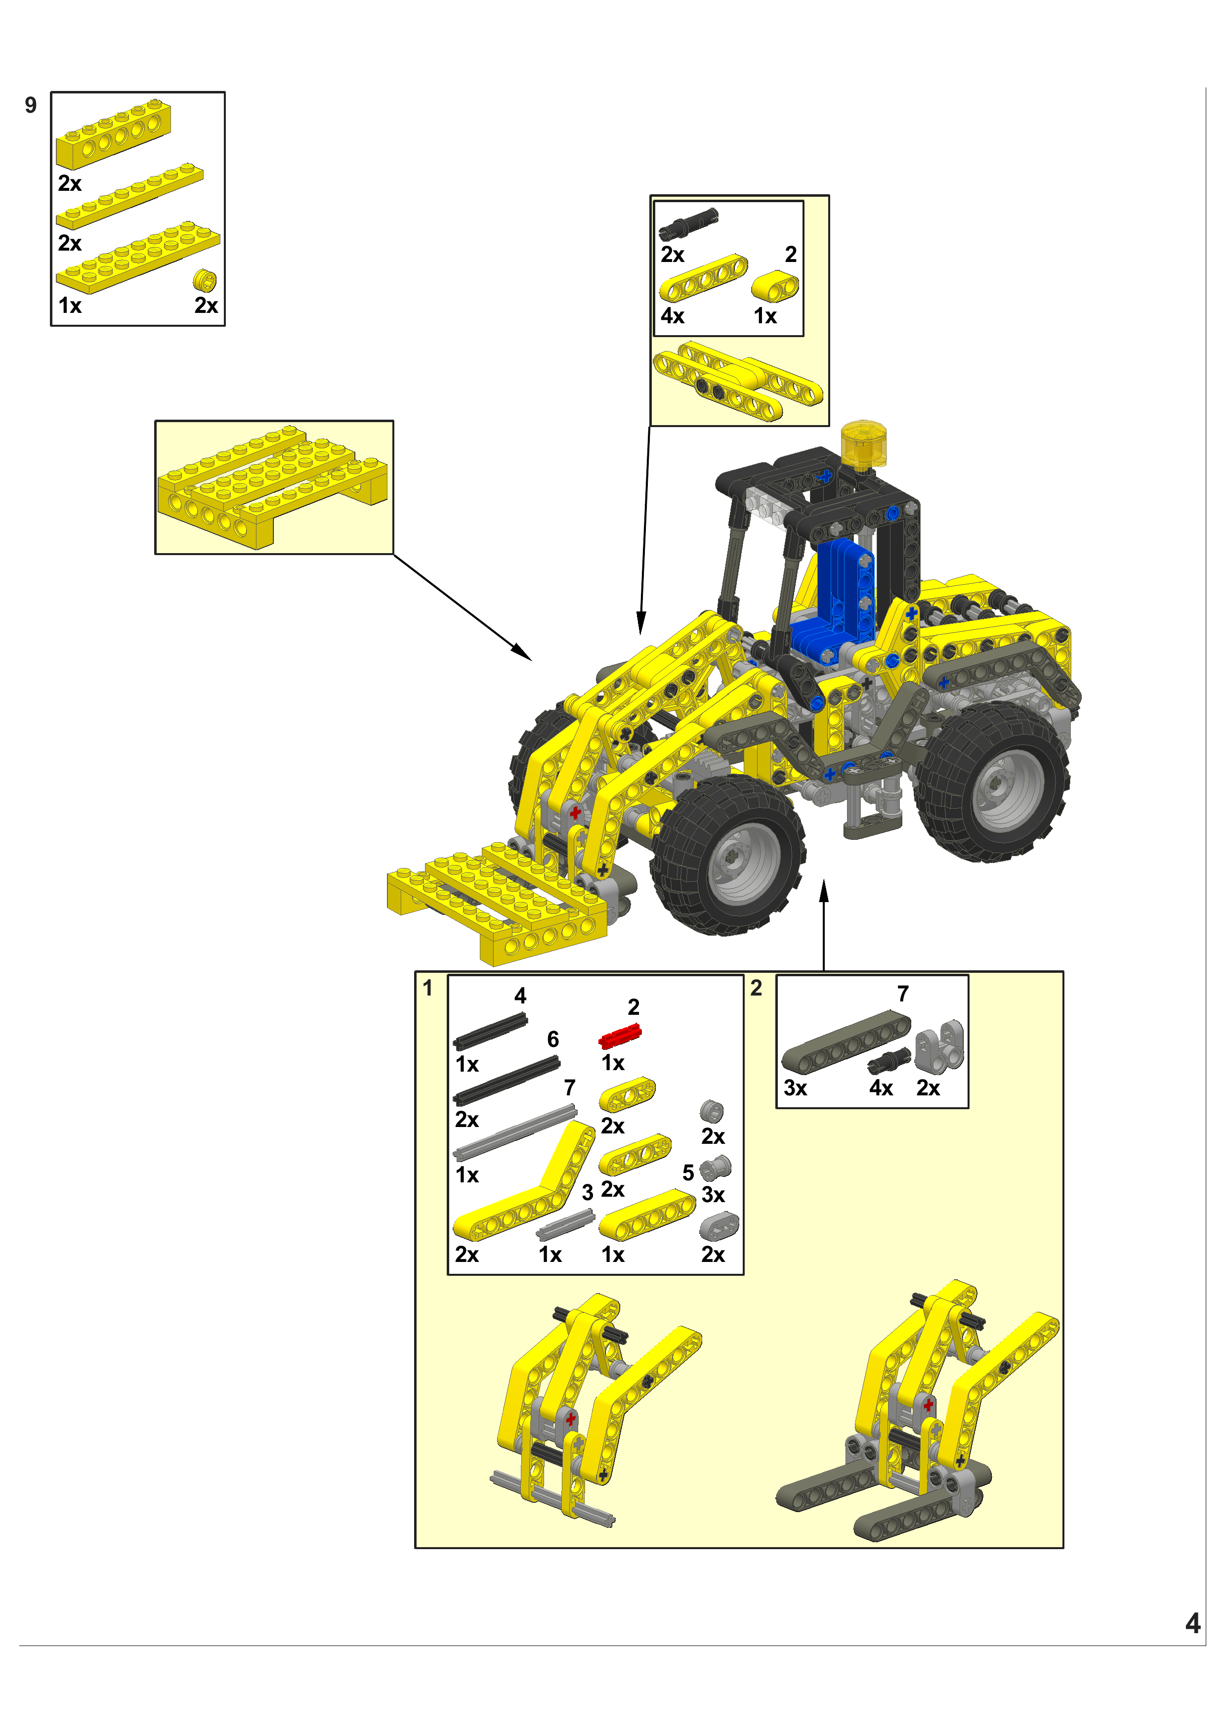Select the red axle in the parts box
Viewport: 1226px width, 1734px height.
click(x=620, y=1036)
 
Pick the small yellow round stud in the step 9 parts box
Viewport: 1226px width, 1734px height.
click(x=205, y=280)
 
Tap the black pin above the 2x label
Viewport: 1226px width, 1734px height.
click(x=688, y=224)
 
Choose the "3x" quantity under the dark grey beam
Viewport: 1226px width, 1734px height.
click(x=795, y=1088)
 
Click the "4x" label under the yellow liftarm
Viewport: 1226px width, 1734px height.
click(x=672, y=316)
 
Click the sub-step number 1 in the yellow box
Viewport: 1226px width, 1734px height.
click(x=427, y=988)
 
